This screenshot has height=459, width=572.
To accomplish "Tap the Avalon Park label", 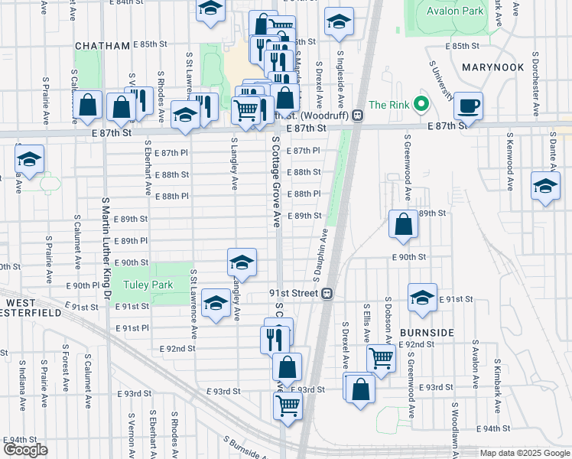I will tap(462, 11).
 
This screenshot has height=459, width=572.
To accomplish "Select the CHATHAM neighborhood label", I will tap(102, 46).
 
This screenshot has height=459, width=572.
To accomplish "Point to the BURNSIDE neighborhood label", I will tap(427, 333).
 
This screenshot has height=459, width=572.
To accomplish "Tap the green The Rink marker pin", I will tap(420, 104).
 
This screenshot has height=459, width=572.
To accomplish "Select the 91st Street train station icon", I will tap(327, 293).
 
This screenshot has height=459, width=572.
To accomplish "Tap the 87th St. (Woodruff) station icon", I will tap(357, 115).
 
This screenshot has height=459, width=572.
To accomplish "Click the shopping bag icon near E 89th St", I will tap(403, 224).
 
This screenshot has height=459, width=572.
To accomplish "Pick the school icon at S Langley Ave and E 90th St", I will tap(241, 262).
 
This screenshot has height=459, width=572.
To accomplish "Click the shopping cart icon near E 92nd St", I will tap(380, 356).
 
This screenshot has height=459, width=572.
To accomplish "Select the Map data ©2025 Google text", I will tap(524, 453).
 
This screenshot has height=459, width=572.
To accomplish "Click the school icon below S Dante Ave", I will tap(545, 187).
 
